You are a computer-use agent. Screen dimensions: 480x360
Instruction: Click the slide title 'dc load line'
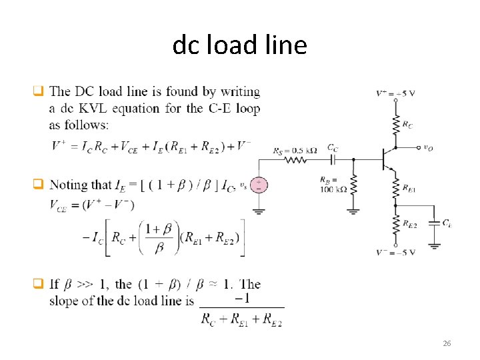[x=239, y=45]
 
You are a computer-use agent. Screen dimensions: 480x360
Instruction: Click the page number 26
[x=447, y=343]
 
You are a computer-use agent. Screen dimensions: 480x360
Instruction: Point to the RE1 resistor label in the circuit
[x=409, y=189]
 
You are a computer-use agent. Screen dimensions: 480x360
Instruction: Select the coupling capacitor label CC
[x=331, y=147]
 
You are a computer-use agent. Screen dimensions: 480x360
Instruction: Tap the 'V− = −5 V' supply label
[x=395, y=252]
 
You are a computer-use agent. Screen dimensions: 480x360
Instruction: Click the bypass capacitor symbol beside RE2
[x=434, y=223]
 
